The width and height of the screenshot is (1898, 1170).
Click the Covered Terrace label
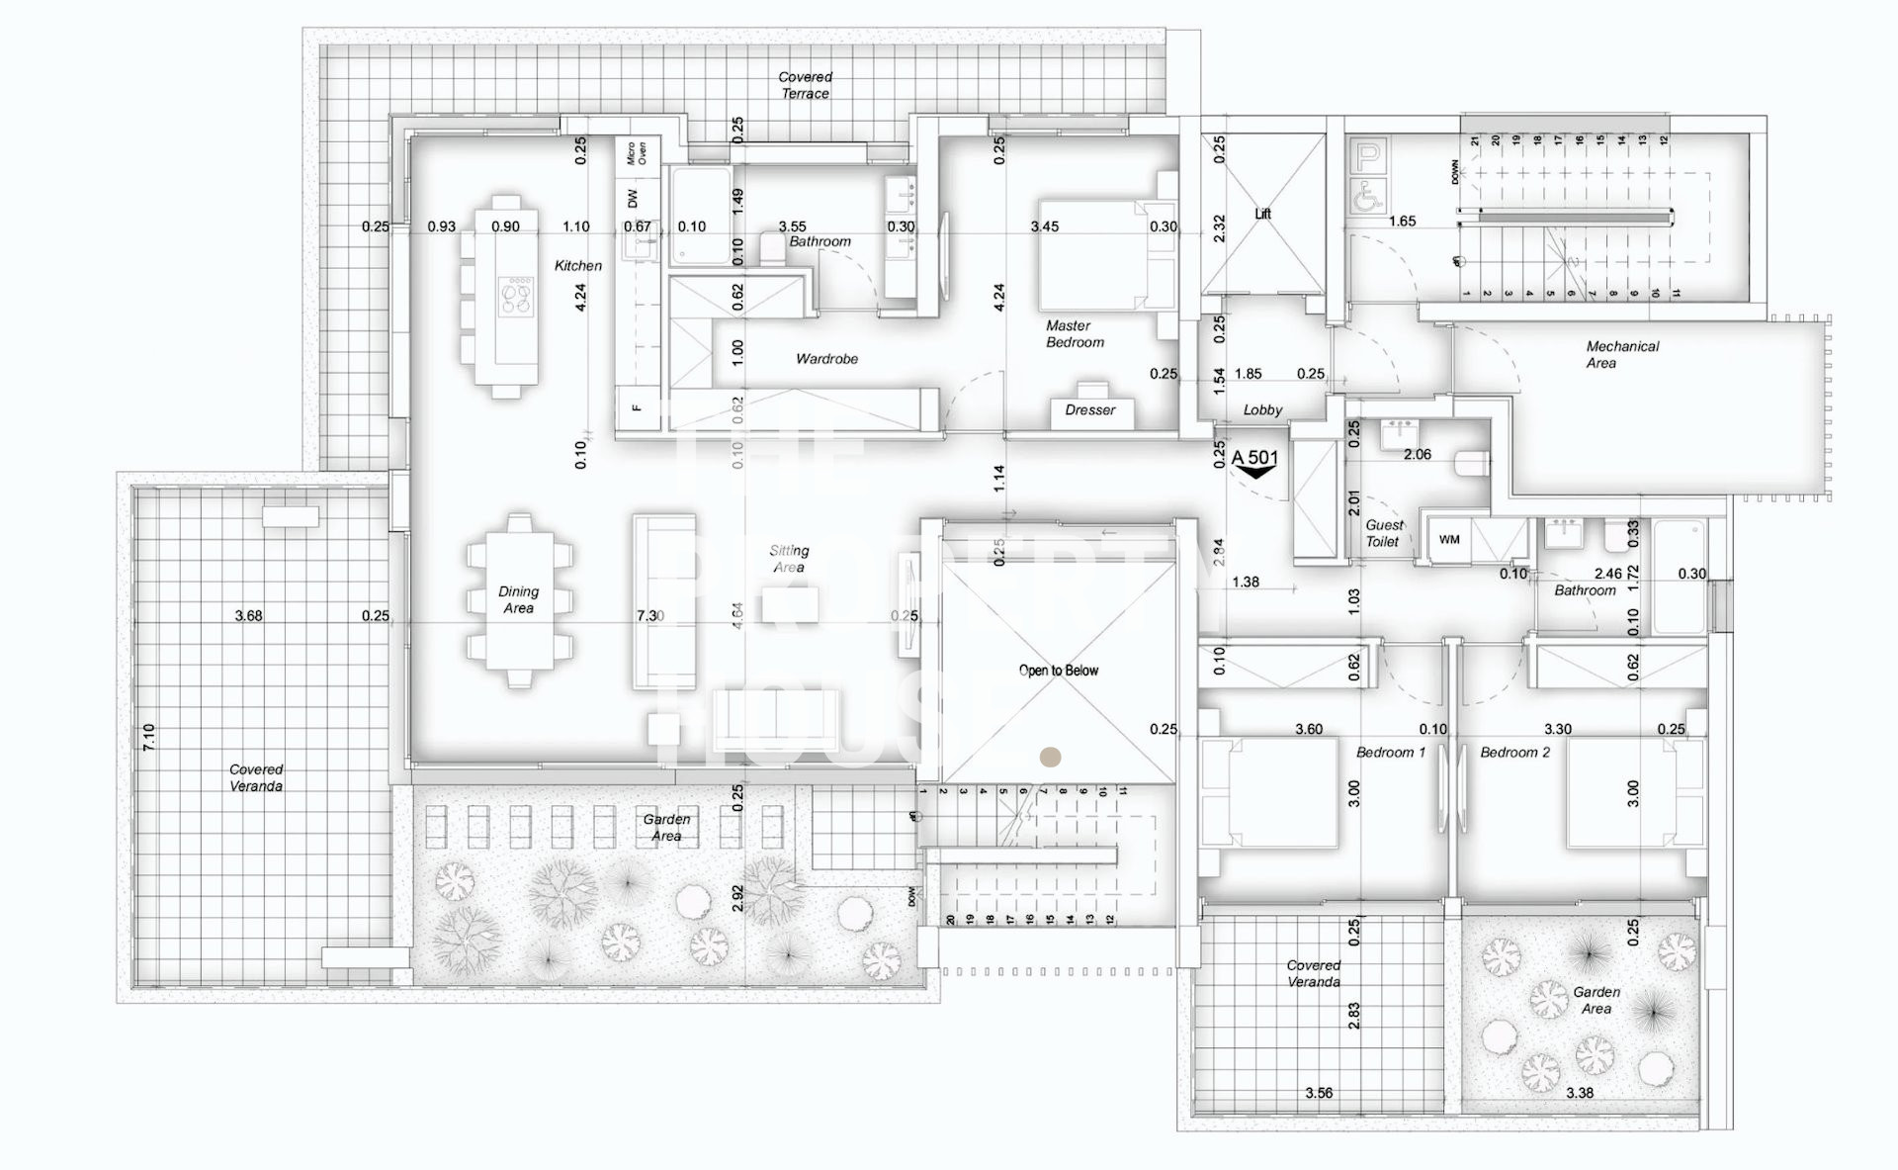[805, 85]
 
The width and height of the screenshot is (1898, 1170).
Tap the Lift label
[1262, 214]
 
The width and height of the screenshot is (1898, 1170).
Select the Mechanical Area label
[1621, 354]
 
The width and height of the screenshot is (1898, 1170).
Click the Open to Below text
[1058, 671]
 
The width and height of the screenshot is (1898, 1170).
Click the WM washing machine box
[1449, 540]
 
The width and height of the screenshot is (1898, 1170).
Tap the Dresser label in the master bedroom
[1089, 409]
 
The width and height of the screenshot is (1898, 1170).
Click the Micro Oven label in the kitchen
[636, 153]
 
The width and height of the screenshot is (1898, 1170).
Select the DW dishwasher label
[633, 199]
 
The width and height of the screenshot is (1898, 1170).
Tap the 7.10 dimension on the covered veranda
[149, 736]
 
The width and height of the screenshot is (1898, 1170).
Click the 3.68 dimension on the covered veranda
[248, 615]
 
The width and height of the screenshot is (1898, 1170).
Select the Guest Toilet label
[1383, 533]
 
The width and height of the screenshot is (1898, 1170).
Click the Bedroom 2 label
[1514, 753]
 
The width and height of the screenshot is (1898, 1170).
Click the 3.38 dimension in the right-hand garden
[1579, 1093]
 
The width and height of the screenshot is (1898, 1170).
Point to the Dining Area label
[518, 599]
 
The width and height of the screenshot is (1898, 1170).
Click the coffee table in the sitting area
[789, 605]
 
